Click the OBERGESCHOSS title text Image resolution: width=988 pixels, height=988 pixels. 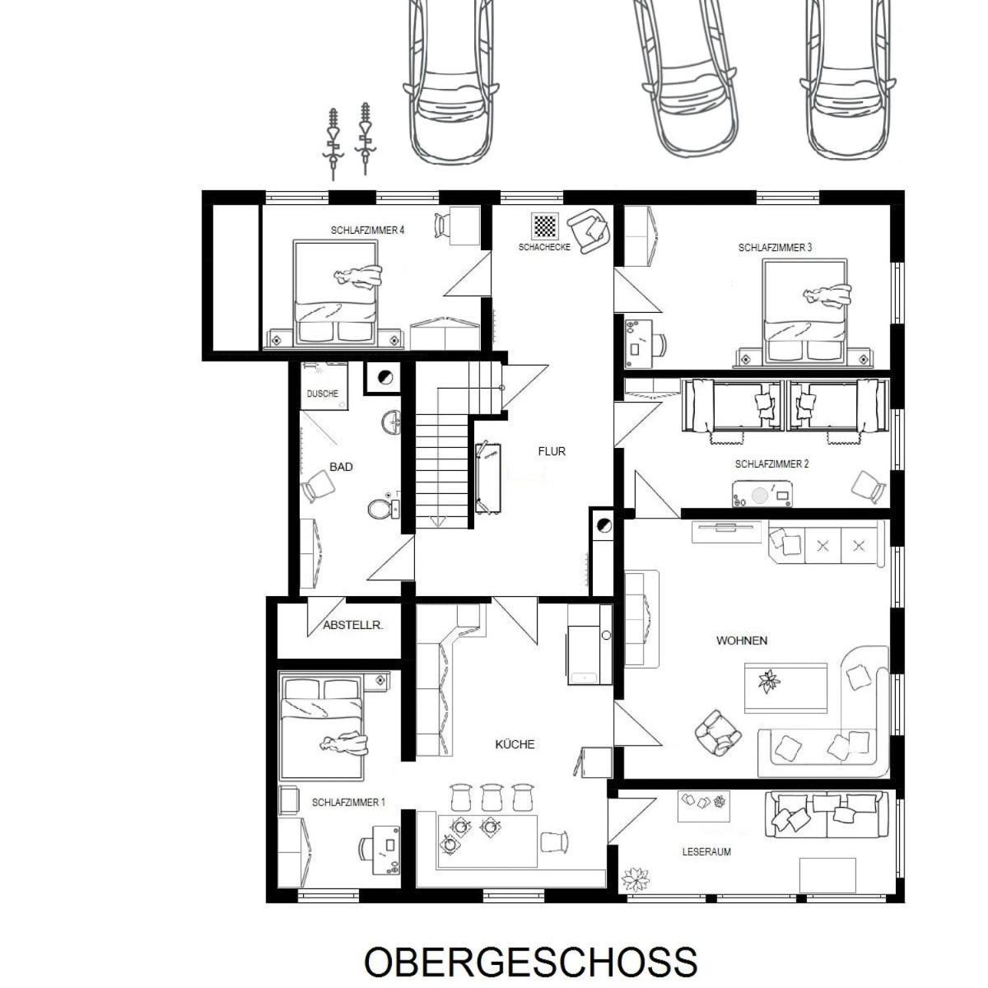pos(530,962)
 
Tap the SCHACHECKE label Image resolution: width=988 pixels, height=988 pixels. pos(544,247)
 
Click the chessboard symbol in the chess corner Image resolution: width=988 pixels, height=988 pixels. pos(544,225)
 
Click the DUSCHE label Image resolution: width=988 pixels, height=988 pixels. pos(323,394)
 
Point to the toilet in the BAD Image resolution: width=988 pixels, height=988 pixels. pos(381,508)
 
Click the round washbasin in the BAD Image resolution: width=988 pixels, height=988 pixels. pos(391,423)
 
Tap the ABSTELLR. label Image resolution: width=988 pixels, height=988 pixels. pos(352,625)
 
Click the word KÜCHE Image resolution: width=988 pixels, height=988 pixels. pos(515,744)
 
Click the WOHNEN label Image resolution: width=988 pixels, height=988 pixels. pos(742,641)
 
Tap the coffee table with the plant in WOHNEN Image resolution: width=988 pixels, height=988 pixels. pos(785,686)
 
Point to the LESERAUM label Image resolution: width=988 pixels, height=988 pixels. pos(706,852)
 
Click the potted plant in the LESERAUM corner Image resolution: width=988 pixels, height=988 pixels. pos(636,879)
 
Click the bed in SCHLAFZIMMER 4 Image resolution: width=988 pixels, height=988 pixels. pos(336,292)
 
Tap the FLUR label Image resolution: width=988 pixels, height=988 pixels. pos(552,451)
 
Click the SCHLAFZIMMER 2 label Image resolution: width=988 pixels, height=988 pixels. pos(771,464)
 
